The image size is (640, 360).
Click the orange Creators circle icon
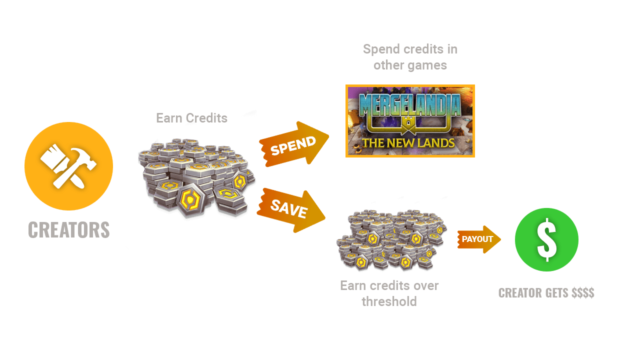(68, 166)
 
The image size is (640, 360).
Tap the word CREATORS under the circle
(68, 230)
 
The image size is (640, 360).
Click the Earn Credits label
(191, 118)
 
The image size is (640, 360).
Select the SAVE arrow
(290, 209)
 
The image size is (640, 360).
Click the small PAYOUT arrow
(478, 239)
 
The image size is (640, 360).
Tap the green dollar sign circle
(546, 239)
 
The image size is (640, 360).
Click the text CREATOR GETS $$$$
(546, 293)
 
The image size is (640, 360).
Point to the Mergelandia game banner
(410, 121)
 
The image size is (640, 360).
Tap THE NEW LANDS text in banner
(408, 143)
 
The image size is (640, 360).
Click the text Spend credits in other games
(410, 57)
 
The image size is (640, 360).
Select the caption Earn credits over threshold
(389, 293)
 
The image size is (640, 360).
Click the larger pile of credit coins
(196, 177)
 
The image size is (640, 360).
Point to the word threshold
(389, 301)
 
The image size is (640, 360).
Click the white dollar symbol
(546, 239)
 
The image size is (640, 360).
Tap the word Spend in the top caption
(380, 49)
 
